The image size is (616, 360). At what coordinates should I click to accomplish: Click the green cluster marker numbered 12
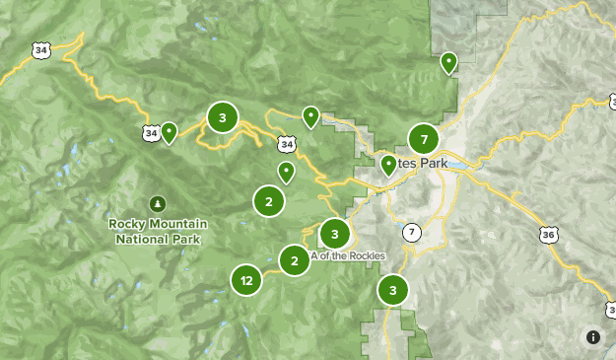[246, 281]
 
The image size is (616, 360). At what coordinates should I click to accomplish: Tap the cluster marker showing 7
[424, 139]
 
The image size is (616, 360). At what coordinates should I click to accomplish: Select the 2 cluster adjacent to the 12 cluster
[295, 260]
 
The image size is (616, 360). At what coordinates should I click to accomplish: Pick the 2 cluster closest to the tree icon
[268, 201]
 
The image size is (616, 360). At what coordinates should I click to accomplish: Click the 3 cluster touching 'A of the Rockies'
[335, 234]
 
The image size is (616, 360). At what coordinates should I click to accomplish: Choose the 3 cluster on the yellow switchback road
[223, 118]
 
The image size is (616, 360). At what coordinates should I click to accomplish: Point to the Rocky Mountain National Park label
[157, 231]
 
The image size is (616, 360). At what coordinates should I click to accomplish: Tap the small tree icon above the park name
[157, 203]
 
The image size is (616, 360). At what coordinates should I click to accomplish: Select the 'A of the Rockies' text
[348, 255]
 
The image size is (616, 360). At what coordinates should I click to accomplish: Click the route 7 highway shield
[411, 233]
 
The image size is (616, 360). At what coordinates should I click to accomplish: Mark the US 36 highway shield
[549, 235]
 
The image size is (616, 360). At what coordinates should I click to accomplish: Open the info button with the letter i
[592, 336]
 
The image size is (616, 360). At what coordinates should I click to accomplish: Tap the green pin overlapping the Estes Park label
[388, 165]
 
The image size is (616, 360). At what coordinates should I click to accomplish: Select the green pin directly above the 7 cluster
[448, 63]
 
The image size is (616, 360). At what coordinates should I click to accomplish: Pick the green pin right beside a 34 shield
[170, 131]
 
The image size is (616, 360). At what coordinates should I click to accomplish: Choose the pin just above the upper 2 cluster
[286, 173]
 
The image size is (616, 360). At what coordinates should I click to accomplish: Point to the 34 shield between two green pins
[286, 144]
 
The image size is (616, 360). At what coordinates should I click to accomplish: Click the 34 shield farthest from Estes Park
[40, 49]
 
